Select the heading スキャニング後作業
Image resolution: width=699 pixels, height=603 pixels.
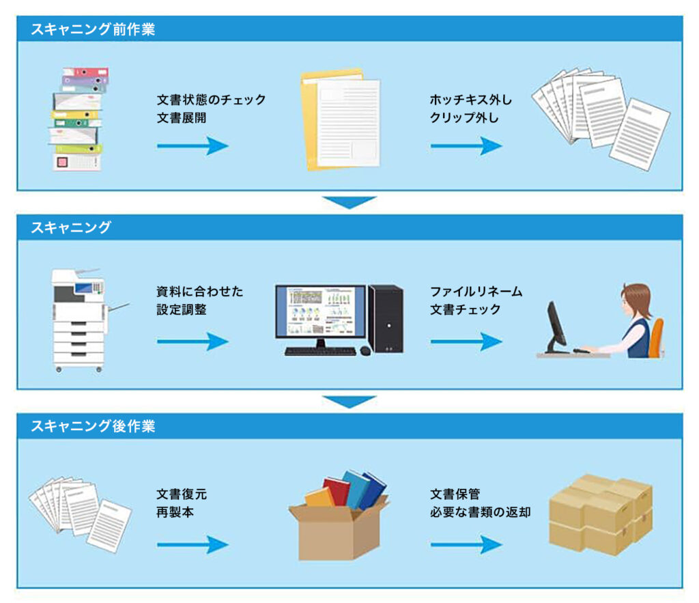[93, 427]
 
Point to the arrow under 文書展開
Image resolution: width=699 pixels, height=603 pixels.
[192, 145]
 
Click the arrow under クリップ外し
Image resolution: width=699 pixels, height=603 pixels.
[466, 145]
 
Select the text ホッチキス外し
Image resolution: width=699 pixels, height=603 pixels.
[470, 100]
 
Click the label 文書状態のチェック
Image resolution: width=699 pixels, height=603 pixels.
[210, 100]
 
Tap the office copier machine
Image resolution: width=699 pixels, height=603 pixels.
[79, 319]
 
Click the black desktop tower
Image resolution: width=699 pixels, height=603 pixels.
[386, 318]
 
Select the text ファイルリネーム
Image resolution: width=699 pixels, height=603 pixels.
[476, 292]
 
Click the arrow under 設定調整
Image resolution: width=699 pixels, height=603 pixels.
[192, 341]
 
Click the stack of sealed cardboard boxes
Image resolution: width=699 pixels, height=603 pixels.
[601, 514]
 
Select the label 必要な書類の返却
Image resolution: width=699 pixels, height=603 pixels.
[480, 511]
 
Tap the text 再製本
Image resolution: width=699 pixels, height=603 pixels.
[175, 511]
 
